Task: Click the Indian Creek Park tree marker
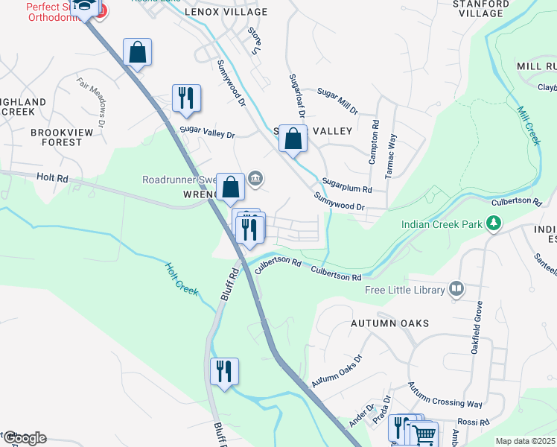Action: pos(492,223)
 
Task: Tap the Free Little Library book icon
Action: pos(456,289)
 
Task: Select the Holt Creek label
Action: pos(182,279)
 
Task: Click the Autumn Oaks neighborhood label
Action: pos(390,323)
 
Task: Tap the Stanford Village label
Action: pos(481,8)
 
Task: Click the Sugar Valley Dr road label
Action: pos(207,133)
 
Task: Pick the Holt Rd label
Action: pos(51,178)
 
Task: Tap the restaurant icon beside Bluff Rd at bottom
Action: pos(224,370)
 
